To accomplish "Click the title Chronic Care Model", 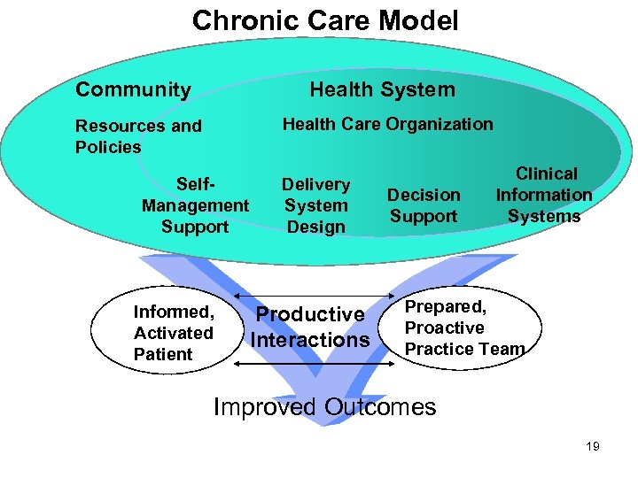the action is [x=325, y=20].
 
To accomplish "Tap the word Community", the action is [x=133, y=89].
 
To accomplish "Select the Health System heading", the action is [x=382, y=89].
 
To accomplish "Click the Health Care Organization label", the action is [x=387, y=125].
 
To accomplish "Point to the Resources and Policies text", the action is [x=138, y=136].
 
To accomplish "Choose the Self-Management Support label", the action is [x=195, y=205].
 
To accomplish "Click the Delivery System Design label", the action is [x=316, y=205].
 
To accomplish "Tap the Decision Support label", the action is [x=424, y=205].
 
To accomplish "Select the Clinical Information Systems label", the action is [x=544, y=195].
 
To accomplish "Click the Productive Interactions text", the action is [x=309, y=327].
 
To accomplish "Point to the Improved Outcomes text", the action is [x=325, y=407].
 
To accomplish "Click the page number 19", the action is [x=593, y=447].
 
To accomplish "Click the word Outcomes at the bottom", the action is [x=380, y=407].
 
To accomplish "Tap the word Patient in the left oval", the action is [x=162, y=354].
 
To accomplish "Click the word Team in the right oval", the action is [x=502, y=349].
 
